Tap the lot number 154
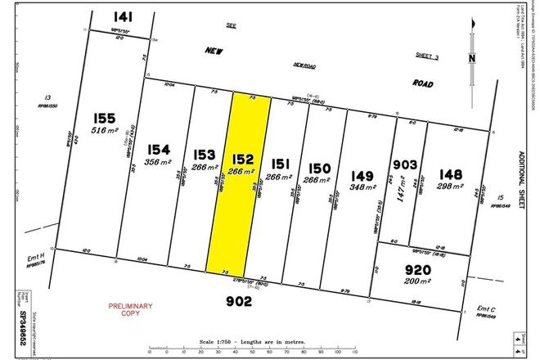coord(160,150)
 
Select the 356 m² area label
coord(160,162)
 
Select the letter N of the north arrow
coord(472,57)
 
